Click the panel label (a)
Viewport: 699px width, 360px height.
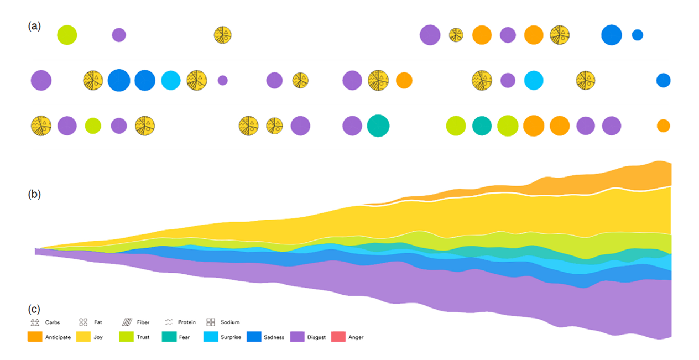[34, 26]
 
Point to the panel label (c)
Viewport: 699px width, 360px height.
[34, 309]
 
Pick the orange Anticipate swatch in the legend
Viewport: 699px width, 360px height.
[35, 336]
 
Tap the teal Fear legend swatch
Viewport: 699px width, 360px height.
[169, 336]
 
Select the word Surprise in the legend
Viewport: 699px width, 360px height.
[231, 337]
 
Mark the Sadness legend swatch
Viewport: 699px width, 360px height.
[254, 336]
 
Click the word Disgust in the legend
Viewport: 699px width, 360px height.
[316, 337]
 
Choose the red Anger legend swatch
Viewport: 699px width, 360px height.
[338, 336]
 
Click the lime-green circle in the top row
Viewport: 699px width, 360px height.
[67, 35]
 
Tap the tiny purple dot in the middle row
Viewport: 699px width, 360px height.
[222, 80]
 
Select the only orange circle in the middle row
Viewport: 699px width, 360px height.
[404, 80]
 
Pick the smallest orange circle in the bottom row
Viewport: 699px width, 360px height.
[664, 126]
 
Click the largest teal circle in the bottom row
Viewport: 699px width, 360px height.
[378, 126]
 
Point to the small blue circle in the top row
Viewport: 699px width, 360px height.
[638, 35]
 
